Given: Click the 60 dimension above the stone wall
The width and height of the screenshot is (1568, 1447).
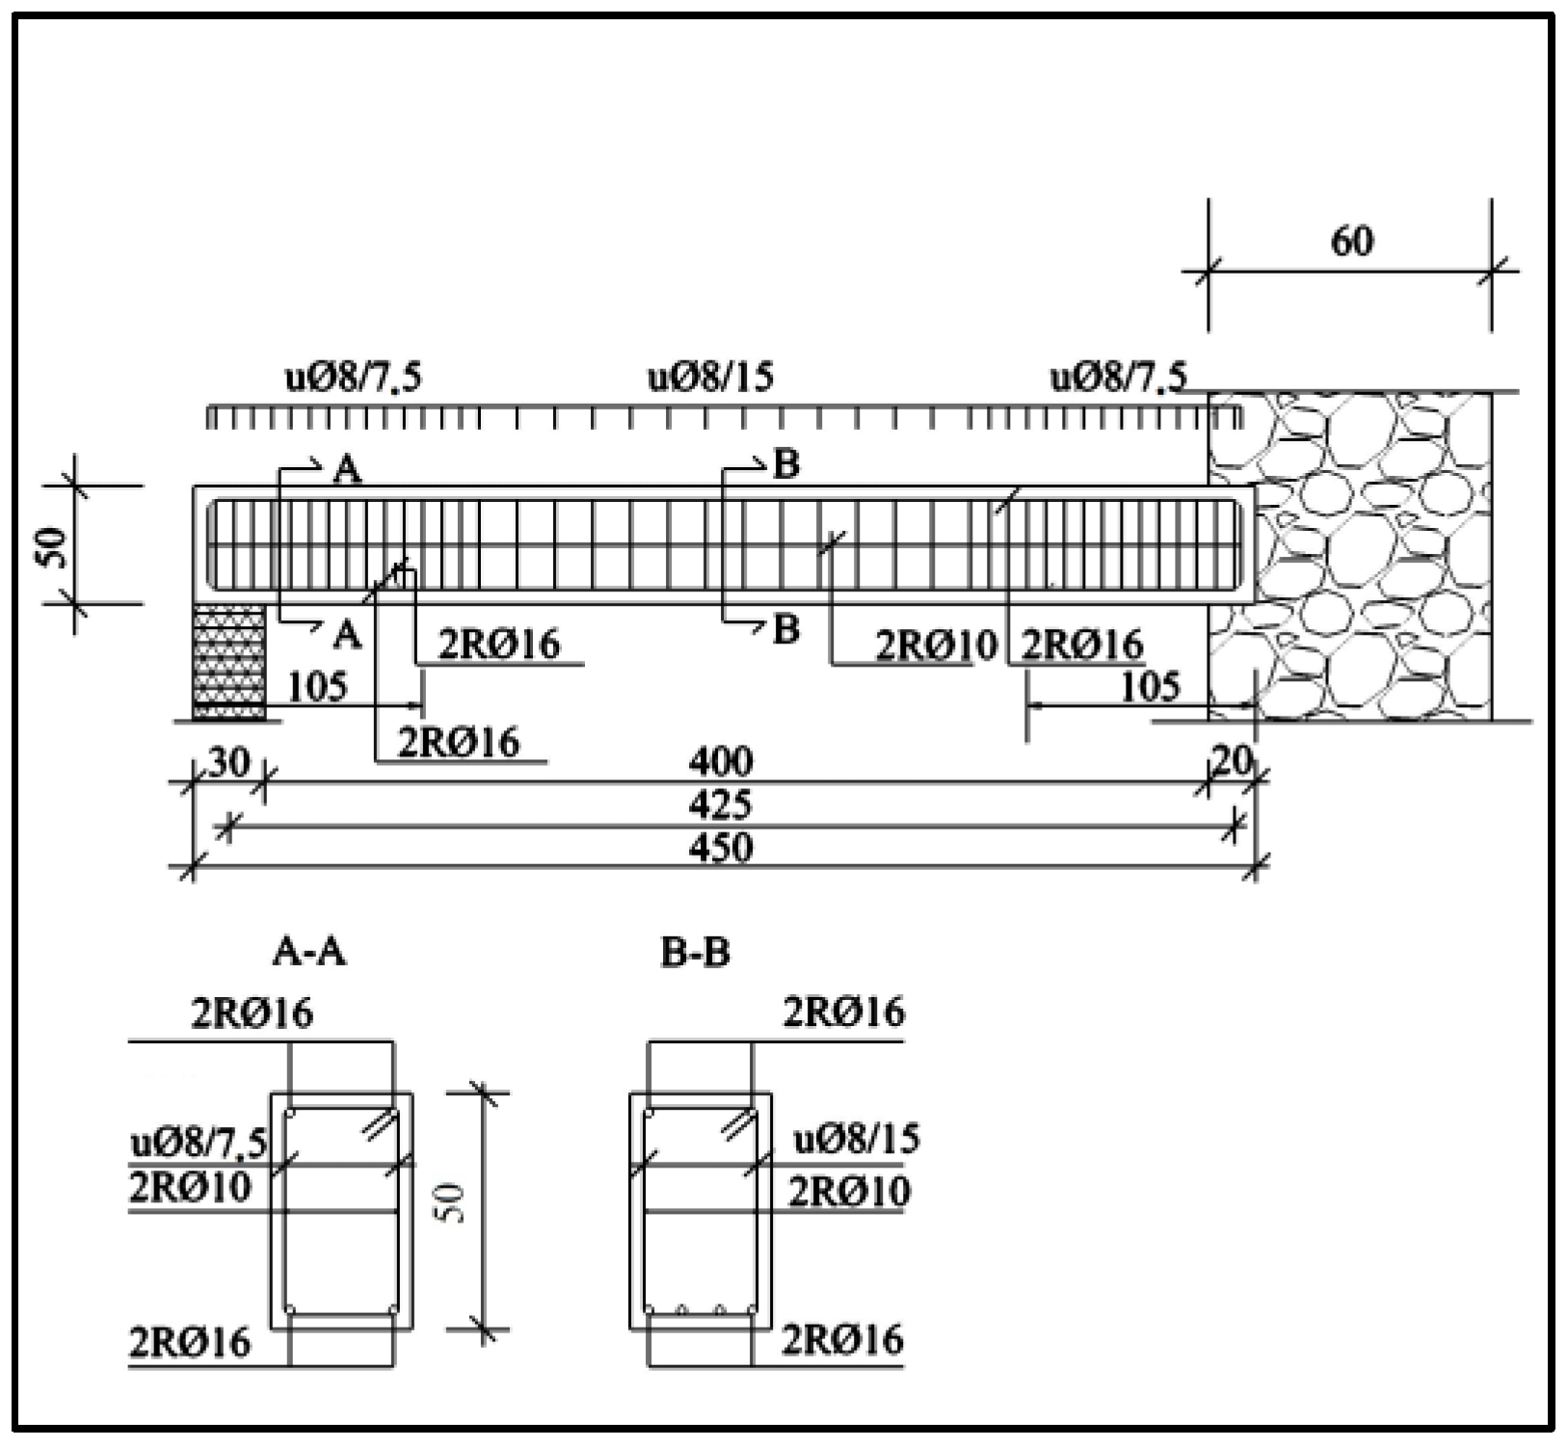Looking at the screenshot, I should coord(1351,241).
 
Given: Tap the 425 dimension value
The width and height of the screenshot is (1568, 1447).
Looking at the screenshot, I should coord(721,805).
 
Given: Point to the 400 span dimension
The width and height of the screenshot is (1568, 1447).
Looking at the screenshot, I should coord(721,762).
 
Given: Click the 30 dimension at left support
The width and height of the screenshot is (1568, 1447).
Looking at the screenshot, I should coord(228,762).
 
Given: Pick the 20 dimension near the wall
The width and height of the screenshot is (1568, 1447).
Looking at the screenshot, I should coord(1233,761).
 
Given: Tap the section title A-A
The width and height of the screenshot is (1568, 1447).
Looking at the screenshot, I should coord(309,952).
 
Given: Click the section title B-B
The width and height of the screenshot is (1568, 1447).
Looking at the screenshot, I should coord(696,952).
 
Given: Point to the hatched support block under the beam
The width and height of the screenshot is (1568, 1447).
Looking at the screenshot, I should coord(229,663).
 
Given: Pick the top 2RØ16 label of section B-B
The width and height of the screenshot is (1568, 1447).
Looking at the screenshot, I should coord(844,1013).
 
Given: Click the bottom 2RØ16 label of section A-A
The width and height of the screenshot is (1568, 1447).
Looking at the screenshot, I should coord(190,1341).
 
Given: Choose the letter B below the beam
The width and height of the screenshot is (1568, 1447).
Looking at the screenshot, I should coord(786,630).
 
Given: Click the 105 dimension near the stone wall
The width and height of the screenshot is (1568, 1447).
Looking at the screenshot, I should coord(1151,688).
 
